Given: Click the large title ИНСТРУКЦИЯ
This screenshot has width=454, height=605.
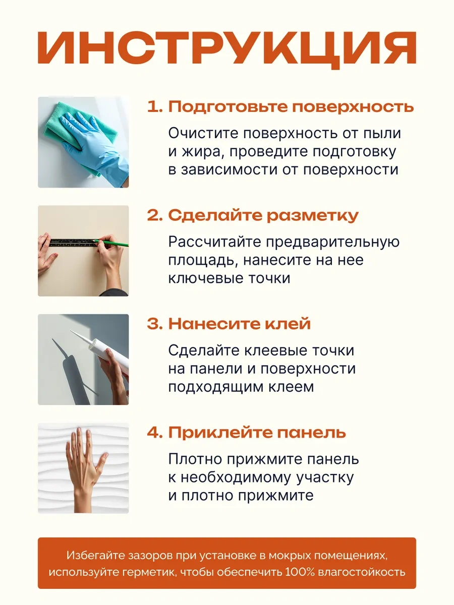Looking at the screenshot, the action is [x=227, y=49].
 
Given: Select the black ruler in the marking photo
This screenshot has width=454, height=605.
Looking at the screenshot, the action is [x=74, y=243].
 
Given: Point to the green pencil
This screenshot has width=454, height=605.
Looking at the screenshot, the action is [x=111, y=243].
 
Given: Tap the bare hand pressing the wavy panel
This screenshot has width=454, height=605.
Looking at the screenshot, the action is [x=85, y=468].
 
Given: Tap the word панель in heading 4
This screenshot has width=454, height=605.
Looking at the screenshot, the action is [x=311, y=433].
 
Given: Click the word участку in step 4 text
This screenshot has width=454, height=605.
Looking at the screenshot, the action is [x=325, y=478].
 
